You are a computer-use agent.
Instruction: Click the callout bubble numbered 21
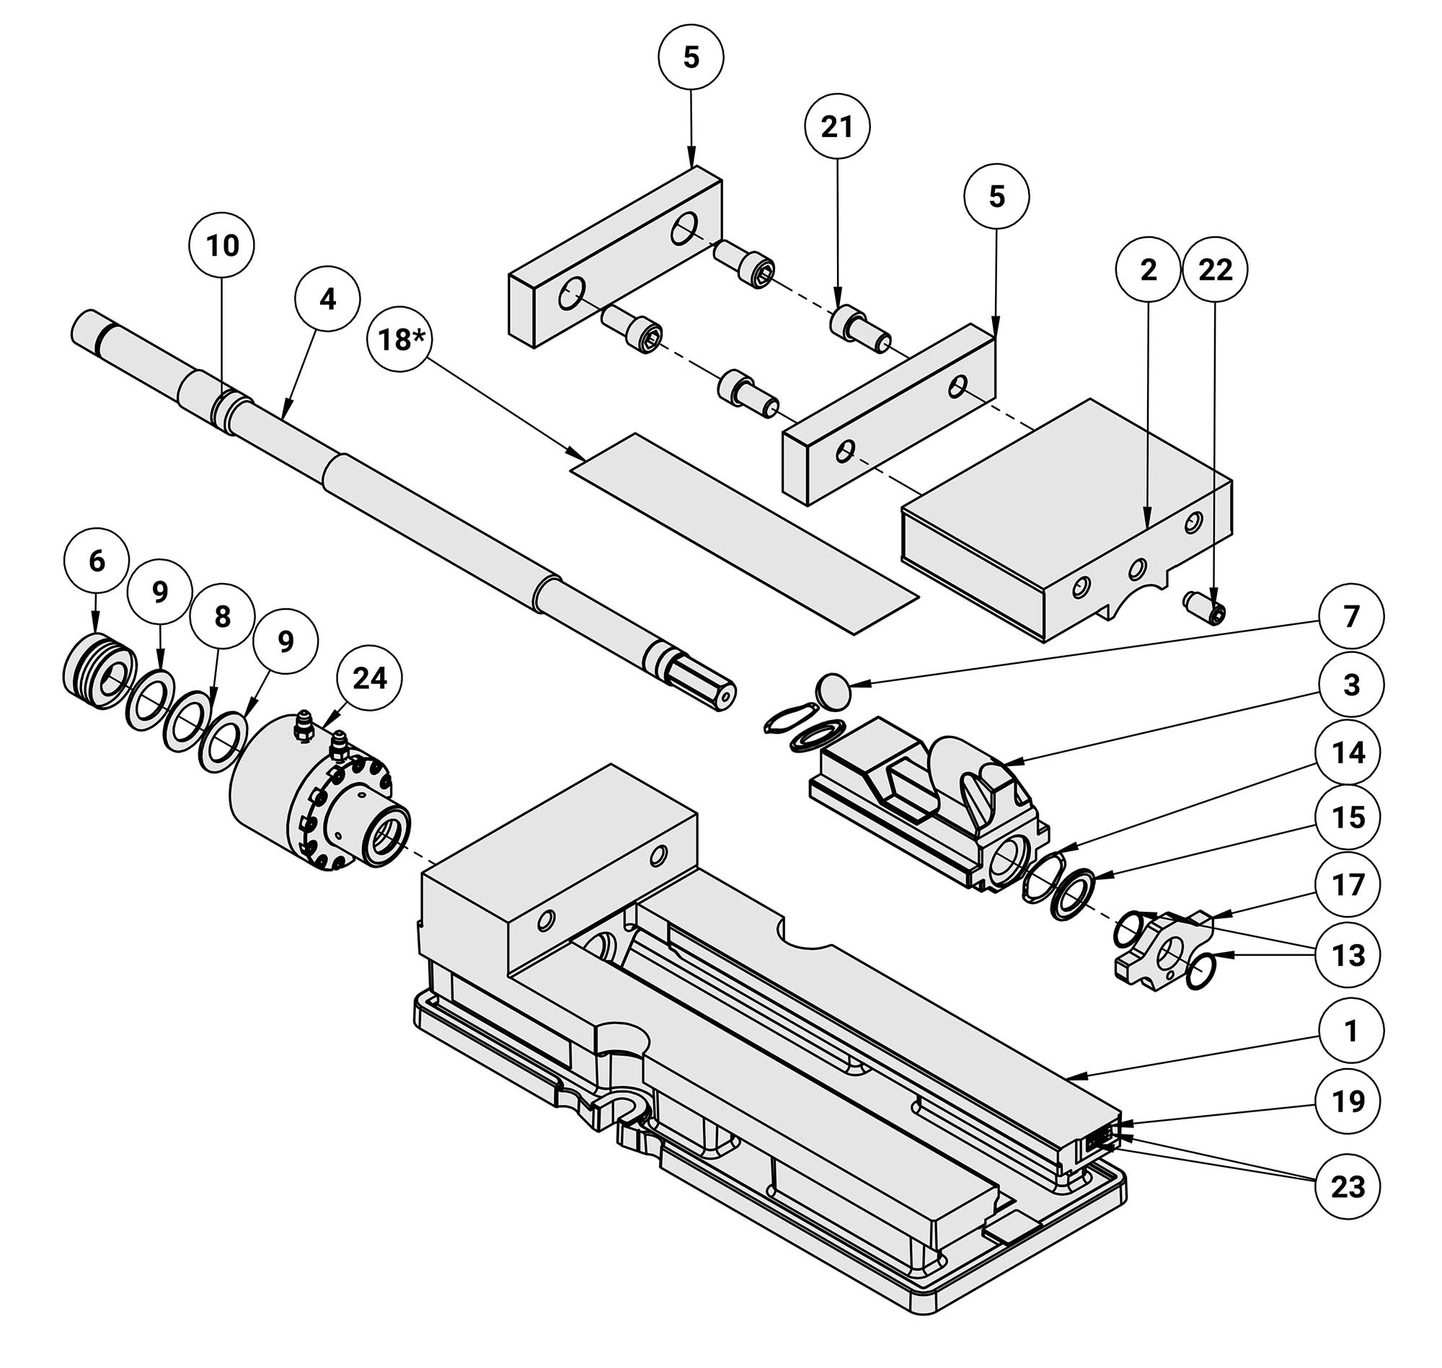coord(836,127)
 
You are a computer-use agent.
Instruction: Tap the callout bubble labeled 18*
coord(399,339)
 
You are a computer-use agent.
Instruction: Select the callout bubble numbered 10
coord(222,246)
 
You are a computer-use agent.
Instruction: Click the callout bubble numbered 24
coord(369,678)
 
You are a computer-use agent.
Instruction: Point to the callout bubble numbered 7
coord(1351,616)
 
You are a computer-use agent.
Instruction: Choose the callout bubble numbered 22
coord(1214,270)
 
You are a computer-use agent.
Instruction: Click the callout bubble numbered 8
coord(222,616)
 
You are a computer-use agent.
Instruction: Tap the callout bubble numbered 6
coord(97,561)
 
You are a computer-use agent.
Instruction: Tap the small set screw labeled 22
coord(1203,608)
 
